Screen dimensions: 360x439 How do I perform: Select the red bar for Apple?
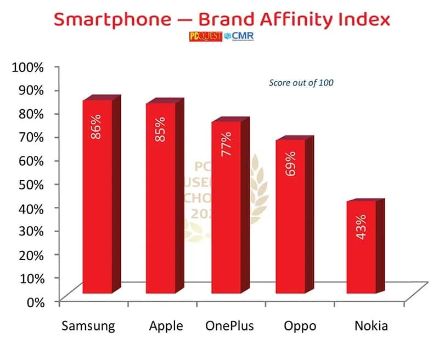(x=160, y=198)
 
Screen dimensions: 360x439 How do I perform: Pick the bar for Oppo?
(x=290, y=217)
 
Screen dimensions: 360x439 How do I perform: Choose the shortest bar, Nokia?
(x=361, y=247)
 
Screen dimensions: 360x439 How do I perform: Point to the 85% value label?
(x=160, y=129)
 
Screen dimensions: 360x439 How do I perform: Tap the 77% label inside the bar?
(x=226, y=144)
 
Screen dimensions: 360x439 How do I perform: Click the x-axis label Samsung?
(x=88, y=326)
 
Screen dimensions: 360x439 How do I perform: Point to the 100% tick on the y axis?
(x=27, y=67)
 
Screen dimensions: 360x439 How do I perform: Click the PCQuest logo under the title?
(x=205, y=37)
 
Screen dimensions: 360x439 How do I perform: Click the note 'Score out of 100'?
(x=301, y=83)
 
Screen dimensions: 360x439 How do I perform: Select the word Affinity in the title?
(x=289, y=20)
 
